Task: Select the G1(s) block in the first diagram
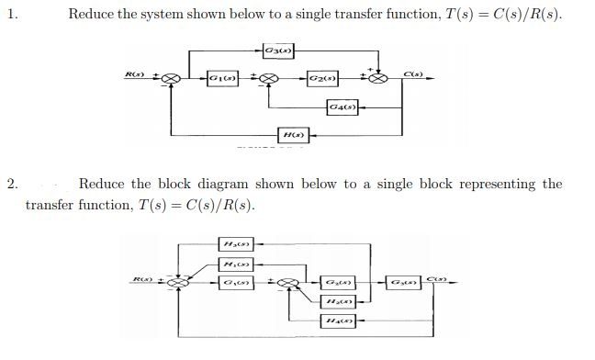(221, 79)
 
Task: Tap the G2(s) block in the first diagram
(322, 79)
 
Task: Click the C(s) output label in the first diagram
(412, 71)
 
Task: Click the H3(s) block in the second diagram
(234, 243)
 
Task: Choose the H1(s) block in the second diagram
(234, 264)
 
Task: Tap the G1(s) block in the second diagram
(234, 281)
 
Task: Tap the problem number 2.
(11, 184)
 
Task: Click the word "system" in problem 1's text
(161, 16)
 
